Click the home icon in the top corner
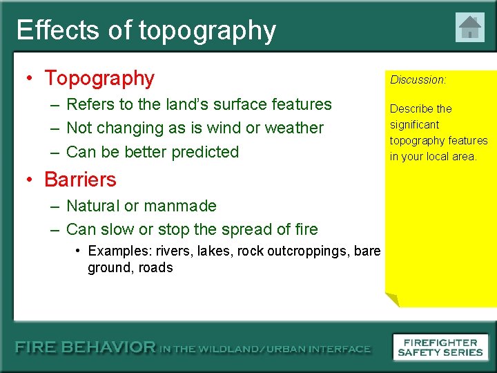coord(469,28)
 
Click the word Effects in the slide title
coord(57,30)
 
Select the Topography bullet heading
coord(99,78)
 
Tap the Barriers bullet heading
coord(80,179)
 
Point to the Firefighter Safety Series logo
coord(440,347)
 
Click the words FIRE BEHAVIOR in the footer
coord(86,348)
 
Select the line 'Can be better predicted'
coord(153,152)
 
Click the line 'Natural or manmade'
coord(142,206)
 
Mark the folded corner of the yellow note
coord(392,300)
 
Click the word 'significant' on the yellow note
coord(414,124)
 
